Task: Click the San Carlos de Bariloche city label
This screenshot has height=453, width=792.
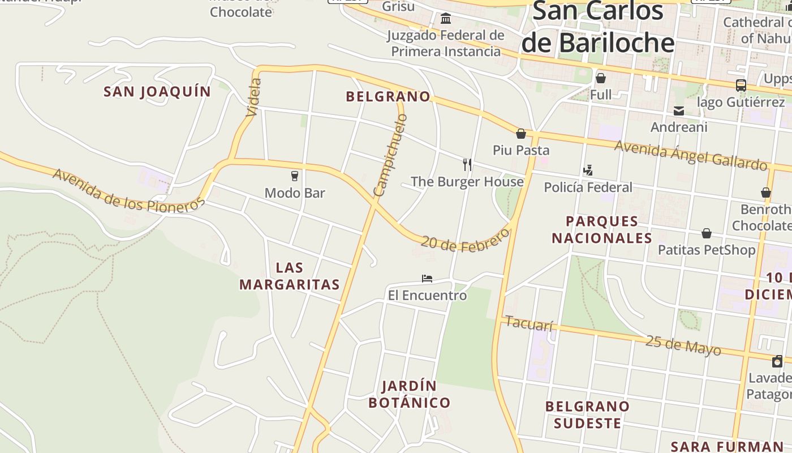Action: tap(598, 27)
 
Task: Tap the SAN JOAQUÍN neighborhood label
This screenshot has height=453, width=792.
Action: tap(157, 92)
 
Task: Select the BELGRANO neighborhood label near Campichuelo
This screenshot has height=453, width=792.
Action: tap(388, 97)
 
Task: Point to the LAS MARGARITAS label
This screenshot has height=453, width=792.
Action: tap(289, 276)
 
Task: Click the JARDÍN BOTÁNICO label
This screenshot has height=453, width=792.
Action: tap(410, 395)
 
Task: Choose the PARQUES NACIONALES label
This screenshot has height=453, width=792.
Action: tap(602, 229)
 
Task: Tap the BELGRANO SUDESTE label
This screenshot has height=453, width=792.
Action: tap(587, 414)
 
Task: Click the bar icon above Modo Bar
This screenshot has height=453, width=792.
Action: tap(294, 176)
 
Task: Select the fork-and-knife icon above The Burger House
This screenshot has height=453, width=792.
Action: tap(467, 165)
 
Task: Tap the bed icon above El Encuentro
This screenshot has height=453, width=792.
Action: tap(427, 279)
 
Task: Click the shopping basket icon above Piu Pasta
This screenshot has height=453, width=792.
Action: tap(521, 134)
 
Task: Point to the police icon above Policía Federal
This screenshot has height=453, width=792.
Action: tap(588, 170)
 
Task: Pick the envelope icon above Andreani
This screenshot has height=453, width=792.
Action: tap(679, 111)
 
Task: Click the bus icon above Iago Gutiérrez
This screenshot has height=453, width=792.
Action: tap(741, 86)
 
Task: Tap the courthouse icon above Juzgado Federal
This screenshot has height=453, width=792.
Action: tap(446, 19)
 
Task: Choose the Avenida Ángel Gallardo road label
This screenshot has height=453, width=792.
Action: tap(691, 155)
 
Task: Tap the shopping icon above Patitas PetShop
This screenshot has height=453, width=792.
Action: tap(707, 233)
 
